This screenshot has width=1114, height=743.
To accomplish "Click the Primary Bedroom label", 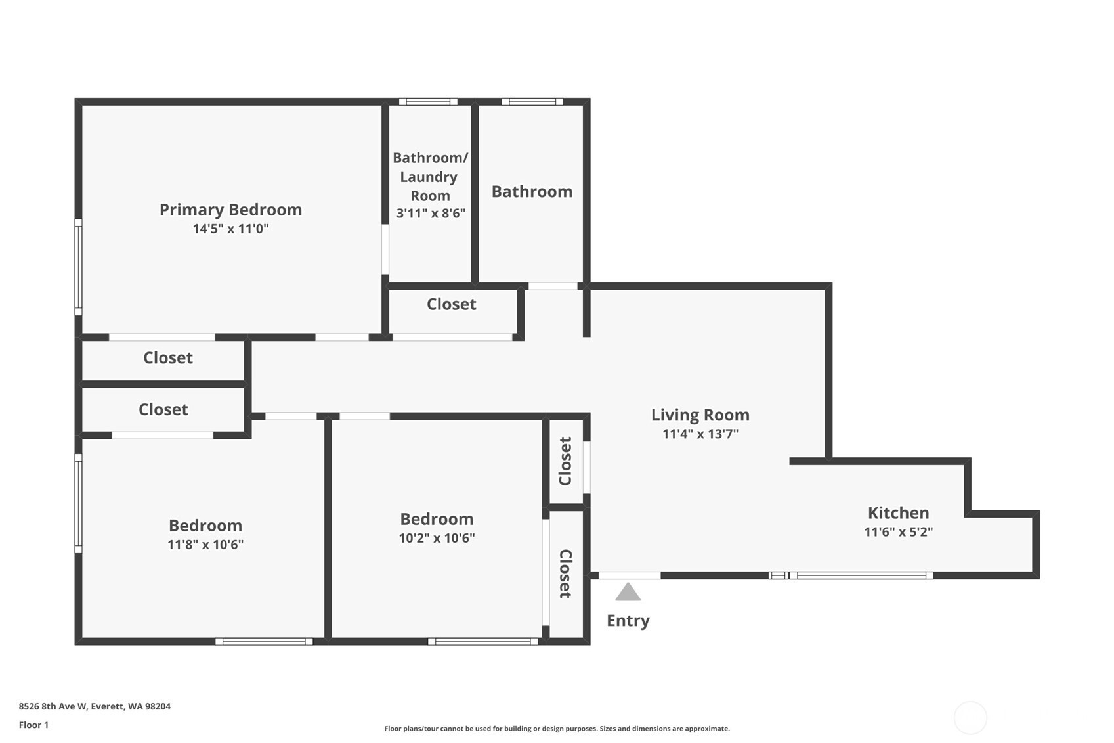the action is [x=230, y=210].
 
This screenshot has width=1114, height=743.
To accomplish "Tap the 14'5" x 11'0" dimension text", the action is [x=231, y=229].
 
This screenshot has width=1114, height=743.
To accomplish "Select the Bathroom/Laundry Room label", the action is [x=430, y=177].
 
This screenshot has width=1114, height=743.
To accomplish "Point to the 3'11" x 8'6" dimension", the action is [x=431, y=214].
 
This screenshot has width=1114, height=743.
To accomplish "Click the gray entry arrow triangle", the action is [x=628, y=592].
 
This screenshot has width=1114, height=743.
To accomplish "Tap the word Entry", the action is [x=628, y=621].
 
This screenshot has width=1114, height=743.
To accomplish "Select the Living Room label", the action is [x=700, y=415].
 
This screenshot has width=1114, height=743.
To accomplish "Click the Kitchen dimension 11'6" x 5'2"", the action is [x=898, y=532].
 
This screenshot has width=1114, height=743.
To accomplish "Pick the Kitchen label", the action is [x=898, y=512].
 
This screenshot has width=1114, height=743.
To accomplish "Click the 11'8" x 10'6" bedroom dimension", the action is [x=205, y=545].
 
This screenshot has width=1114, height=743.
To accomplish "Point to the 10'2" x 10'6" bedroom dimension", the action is [x=437, y=538].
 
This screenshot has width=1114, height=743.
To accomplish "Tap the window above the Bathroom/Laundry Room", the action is [x=428, y=102].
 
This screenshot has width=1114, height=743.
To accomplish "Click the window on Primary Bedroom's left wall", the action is [x=79, y=267].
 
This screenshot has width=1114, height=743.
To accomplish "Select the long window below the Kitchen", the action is [x=861, y=575].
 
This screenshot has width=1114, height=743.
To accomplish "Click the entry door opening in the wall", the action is [x=630, y=575].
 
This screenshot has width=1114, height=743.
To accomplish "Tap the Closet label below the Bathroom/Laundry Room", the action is [x=452, y=304].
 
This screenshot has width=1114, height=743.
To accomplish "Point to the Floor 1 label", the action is [x=34, y=725].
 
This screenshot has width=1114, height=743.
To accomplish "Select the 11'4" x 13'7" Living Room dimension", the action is [x=700, y=434].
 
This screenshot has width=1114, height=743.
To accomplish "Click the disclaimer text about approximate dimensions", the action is [x=557, y=729].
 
